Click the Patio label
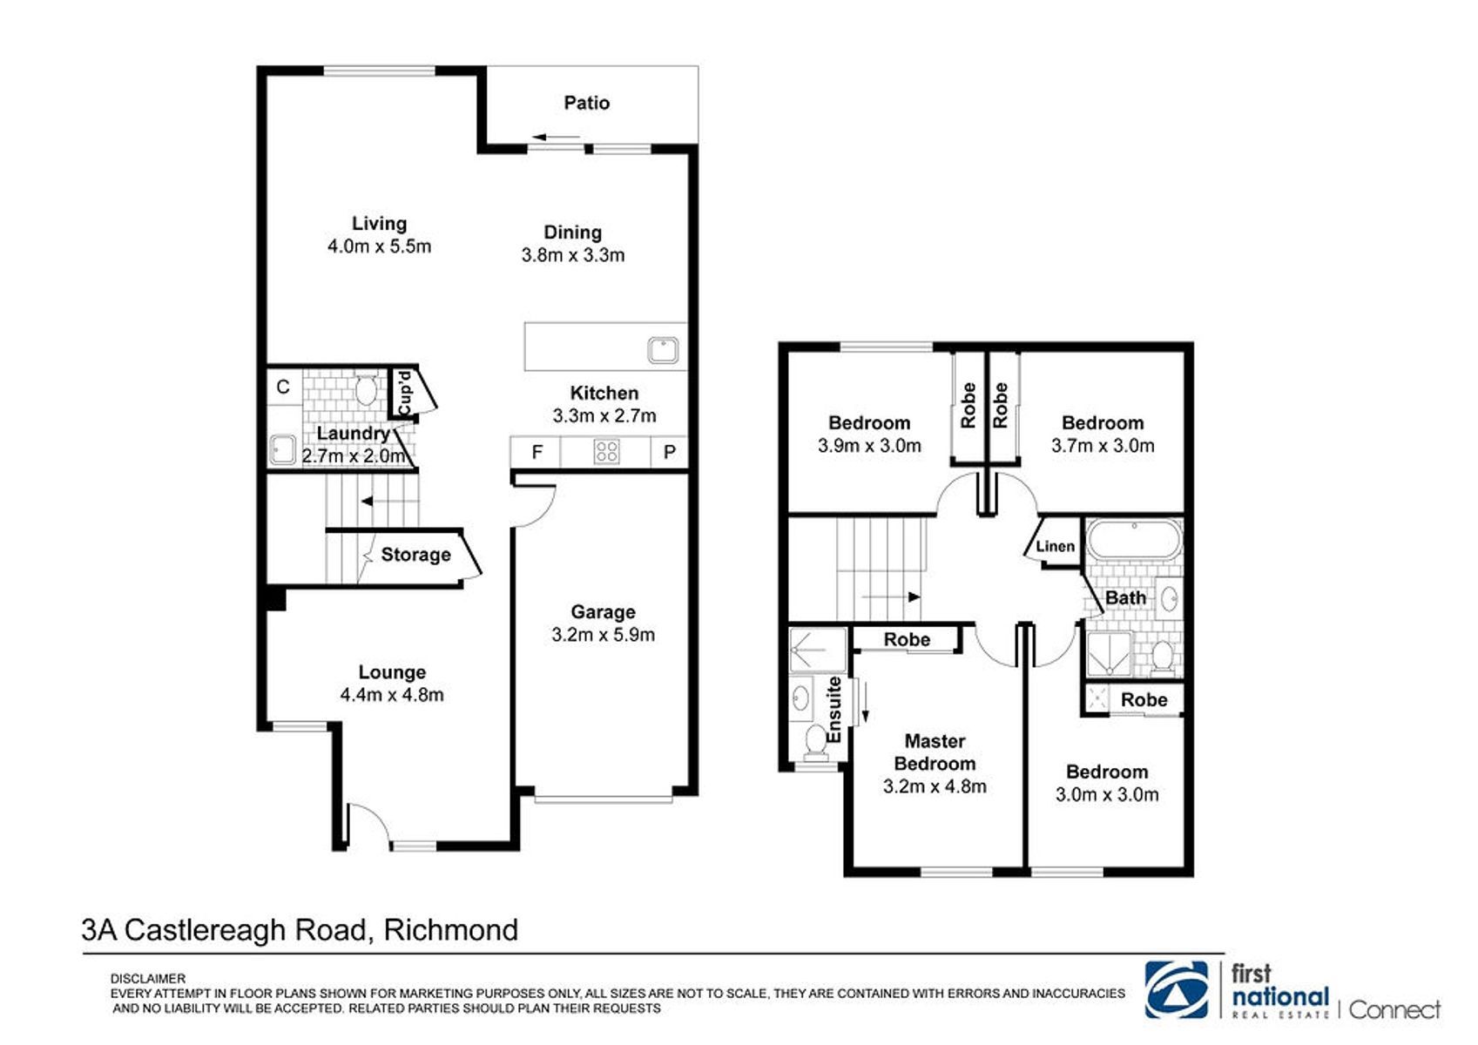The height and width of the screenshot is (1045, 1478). (586, 103)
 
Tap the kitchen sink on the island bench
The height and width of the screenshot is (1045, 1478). (663, 350)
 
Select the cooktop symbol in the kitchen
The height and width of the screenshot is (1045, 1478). (605, 452)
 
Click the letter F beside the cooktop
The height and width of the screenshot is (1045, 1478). (537, 452)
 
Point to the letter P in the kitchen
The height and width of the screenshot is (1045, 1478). (669, 452)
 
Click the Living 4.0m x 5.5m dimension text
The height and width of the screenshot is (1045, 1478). (380, 246)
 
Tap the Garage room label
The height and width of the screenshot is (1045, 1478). (603, 612)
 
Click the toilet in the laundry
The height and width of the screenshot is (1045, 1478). (366, 389)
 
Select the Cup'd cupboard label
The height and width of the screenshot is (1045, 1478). (404, 394)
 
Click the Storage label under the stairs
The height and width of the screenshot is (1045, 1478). (415, 555)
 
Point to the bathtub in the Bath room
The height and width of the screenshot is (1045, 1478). (1134, 540)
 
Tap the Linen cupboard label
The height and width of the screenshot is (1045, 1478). (1055, 546)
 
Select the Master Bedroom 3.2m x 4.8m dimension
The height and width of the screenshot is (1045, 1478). (935, 786)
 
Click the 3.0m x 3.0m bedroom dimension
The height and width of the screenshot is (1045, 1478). (1107, 794)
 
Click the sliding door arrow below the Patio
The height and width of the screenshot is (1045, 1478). (557, 138)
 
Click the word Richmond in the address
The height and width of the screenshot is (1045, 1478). (451, 930)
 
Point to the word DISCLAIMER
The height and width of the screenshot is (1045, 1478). (148, 979)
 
